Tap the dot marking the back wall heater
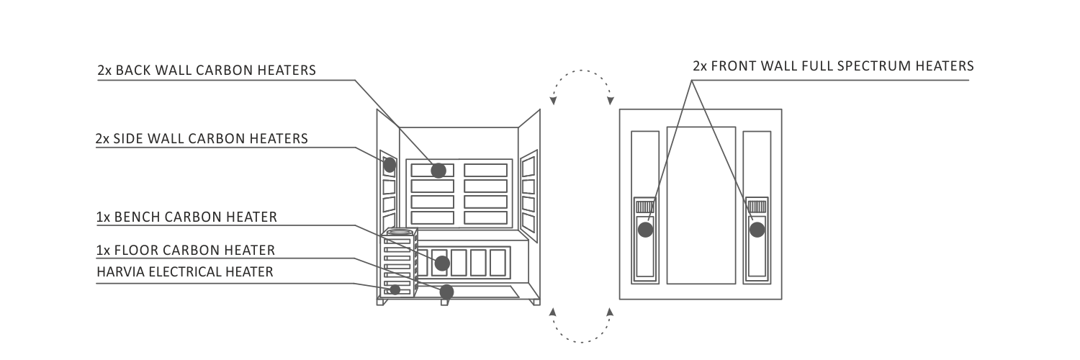(438, 170)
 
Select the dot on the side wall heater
(390, 166)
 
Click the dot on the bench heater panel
(442, 263)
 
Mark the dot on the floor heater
(447, 292)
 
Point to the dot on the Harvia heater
(395, 289)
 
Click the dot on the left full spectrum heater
(646, 230)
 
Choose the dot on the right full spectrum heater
(757, 230)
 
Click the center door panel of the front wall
(701, 205)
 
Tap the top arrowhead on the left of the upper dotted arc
(553, 101)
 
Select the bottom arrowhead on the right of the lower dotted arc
(610, 312)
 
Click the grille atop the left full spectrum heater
(645, 207)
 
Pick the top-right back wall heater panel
(485, 170)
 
